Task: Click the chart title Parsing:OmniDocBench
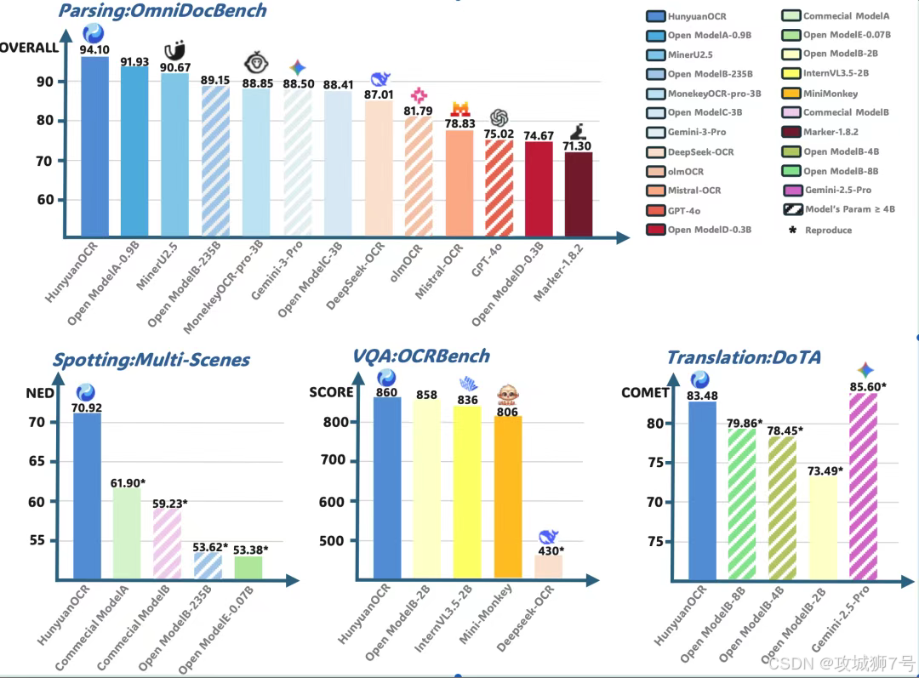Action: [x=162, y=11]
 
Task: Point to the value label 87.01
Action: [x=379, y=95]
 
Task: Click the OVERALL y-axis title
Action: [x=29, y=48]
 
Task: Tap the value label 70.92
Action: [x=87, y=407]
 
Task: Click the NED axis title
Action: [x=39, y=393]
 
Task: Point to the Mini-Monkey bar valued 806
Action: [x=507, y=497]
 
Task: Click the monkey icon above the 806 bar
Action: [x=508, y=395]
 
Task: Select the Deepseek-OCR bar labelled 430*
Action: [x=549, y=566]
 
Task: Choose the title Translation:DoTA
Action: [x=743, y=357]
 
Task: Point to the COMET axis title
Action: [x=645, y=393]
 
